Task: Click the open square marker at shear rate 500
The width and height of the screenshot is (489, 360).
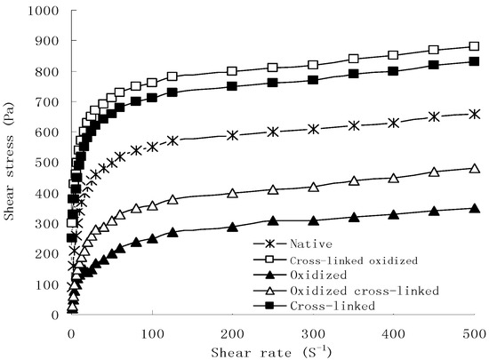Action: pos(474,46)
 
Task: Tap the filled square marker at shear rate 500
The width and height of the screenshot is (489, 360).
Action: pos(474,61)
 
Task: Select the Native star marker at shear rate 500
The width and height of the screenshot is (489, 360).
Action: pos(474,114)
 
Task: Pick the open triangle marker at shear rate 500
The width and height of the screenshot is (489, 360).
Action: pos(474,168)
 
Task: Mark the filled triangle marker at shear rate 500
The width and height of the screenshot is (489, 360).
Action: pos(474,208)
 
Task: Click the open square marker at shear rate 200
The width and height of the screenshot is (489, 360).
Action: pos(232,71)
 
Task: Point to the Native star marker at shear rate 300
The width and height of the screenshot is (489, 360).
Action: pos(313,129)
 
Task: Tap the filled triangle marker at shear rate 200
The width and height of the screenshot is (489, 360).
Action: pos(232,227)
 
